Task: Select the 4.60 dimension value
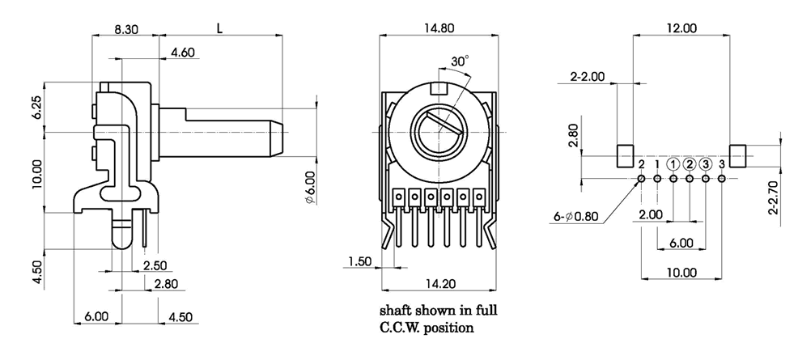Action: (x=182, y=53)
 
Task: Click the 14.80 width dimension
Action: (x=439, y=28)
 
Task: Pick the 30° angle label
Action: (x=460, y=61)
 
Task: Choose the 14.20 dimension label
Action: (x=439, y=284)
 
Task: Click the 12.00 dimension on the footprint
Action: (x=681, y=28)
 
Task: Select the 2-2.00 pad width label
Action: (x=588, y=77)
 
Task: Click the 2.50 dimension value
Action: (x=155, y=265)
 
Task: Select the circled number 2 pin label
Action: (x=690, y=164)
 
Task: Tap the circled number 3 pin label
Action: (x=705, y=164)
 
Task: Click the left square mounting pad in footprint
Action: (x=625, y=153)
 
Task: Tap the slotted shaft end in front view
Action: (x=438, y=130)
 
